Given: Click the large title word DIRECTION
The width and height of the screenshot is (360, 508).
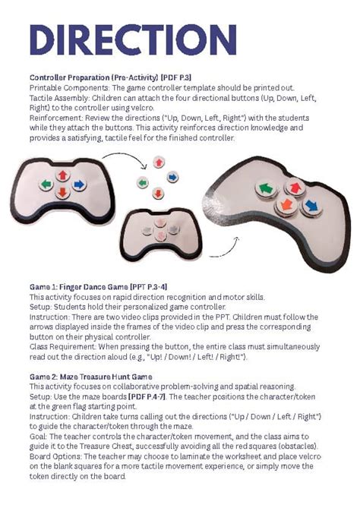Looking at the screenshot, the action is pyautogui.click(x=133, y=39).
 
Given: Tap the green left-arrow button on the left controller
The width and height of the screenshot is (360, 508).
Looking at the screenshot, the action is pyautogui.click(x=46, y=185).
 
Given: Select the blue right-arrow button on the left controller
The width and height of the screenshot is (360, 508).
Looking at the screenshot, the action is pyautogui.click(x=79, y=185).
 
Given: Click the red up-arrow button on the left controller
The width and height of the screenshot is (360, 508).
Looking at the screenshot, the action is pyautogui.click(x=62, y=175).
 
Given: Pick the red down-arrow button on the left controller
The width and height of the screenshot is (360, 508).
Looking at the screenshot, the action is pyautogui.click(x=62, y=193).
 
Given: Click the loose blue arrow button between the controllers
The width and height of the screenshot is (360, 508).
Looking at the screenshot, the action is pyautogui.click(x=172, y=177).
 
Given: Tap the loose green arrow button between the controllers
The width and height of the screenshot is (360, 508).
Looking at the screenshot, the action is pyautogui.click(x=143, y=183).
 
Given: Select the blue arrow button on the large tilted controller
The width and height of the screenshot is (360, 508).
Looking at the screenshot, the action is pyautogui.click(x=311, y=206).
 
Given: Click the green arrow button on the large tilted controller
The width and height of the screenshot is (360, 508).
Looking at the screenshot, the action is pyautogui.click(x=266, y=188).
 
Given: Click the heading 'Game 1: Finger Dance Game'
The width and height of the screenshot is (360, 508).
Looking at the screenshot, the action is pyautogui.click(x=79, y=287).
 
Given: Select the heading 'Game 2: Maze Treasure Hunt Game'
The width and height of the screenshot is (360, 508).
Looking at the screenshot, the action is pyautogui.click(x=90, y=377).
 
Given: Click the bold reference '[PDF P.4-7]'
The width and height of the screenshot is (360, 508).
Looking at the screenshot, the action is pyautogui.click(x=147, y=396).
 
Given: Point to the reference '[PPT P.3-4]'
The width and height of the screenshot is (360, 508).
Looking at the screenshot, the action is pyautogui.click(x=149, y=287).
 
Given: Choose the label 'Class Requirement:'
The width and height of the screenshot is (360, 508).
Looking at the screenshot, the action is pyautogui.click(x=63, y=347).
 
